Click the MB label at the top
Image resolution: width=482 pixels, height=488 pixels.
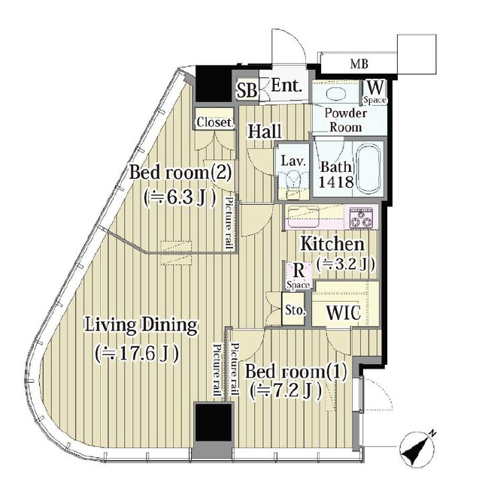[359, 64]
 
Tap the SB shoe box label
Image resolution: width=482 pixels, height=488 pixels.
[247, 90]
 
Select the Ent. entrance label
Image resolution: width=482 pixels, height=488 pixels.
[286, 85]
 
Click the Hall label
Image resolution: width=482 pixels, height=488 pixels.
[265, 131]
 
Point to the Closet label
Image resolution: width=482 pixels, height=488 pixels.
[214, 122]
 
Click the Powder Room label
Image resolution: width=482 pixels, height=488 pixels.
[345, 120]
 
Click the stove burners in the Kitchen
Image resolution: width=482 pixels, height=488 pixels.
[361, 217]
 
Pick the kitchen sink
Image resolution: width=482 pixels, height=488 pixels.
[302, 216]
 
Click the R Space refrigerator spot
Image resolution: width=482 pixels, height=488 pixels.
[299, 276]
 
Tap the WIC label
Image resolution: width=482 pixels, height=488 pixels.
[343, 312]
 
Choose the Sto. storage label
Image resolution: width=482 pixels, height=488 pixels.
[295, 310]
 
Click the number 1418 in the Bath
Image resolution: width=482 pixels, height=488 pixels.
[336, 182]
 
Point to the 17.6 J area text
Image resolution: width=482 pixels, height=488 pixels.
[137, 354]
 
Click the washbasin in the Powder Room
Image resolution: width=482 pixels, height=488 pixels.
[335, 94]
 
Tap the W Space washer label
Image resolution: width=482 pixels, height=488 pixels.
[375, 92]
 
